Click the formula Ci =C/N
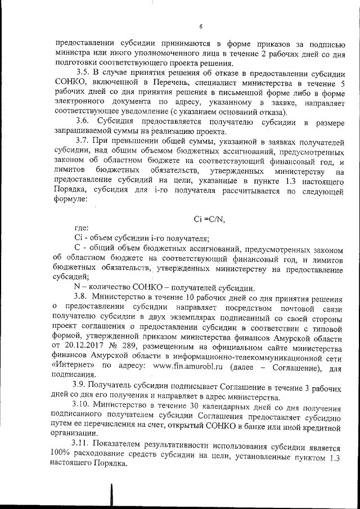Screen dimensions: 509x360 [209, 219]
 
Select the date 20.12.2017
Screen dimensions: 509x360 [87, 337]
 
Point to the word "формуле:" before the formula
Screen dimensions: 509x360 [70, 199]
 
